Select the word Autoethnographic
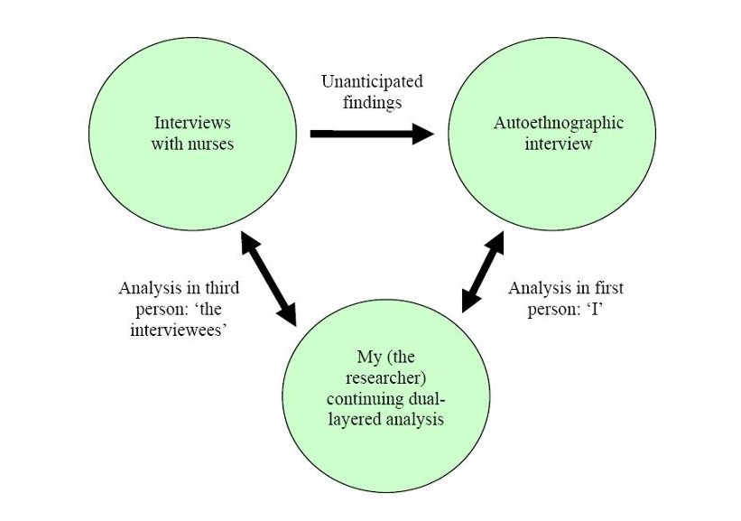[x=559, y=123]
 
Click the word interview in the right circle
[x=559, y=144]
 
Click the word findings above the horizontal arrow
[x=372, y=102]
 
